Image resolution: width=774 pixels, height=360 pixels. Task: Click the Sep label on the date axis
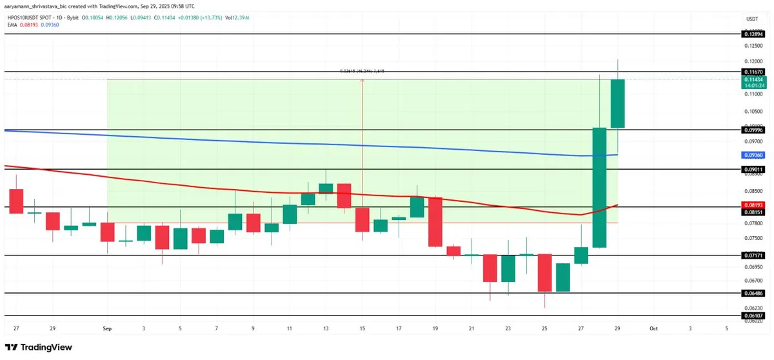107,328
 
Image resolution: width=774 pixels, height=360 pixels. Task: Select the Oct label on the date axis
654,328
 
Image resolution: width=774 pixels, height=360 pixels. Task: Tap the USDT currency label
751,19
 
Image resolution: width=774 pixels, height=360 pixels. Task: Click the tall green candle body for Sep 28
599,187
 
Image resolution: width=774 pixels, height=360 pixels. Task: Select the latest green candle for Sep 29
617,103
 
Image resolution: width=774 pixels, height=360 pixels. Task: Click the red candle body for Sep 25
545,272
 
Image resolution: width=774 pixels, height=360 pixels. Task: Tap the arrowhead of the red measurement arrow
362,81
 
